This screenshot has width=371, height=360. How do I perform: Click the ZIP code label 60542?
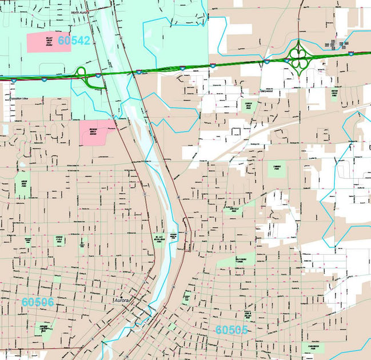click(74, 41)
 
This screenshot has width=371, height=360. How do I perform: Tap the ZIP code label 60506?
click(38, 301)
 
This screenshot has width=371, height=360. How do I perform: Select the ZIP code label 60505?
click(232, 330)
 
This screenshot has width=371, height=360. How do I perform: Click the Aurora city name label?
click(122, 300)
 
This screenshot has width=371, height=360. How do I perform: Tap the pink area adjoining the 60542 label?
click(48, 42)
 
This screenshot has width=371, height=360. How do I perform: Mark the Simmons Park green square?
click(277, 169)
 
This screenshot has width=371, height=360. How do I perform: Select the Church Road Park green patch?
click(248, 107)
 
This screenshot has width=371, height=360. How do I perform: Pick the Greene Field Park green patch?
click(58, 239)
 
